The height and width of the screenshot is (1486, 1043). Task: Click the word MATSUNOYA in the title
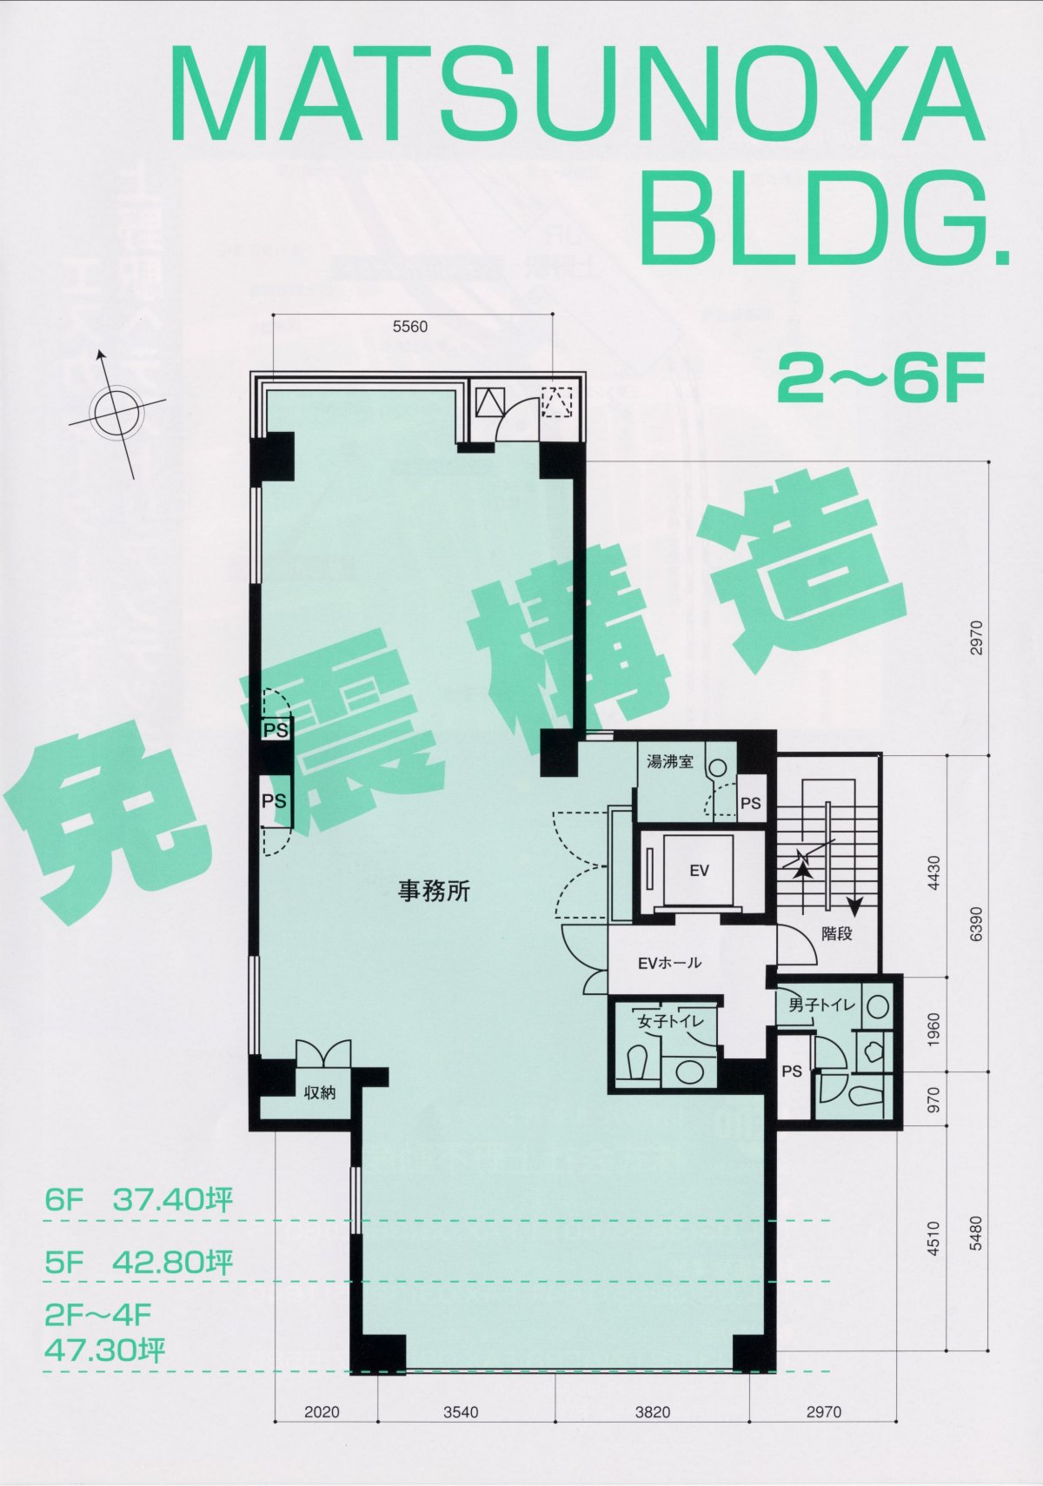pos(576,95)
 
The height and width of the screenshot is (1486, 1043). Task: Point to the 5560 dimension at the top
pos(411,327)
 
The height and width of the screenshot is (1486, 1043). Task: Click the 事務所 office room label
pos(434,891)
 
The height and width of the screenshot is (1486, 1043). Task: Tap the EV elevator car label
pos(700,871)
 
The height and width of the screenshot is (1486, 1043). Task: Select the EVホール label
pos(669,963)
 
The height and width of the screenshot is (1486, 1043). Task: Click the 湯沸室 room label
pos(670,761)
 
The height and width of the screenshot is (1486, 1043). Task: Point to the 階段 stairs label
pos(837,933)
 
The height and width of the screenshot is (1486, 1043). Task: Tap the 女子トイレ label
pos(670,1022)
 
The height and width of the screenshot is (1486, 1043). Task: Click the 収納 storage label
pos(320,1092)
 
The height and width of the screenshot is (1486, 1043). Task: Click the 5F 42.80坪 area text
pos(139,1263)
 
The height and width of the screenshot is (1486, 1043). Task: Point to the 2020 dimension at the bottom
pos(322,1412)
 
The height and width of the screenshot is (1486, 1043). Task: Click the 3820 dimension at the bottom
pos(654,1412)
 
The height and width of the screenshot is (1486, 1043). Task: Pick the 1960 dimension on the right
pos(934,1029)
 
